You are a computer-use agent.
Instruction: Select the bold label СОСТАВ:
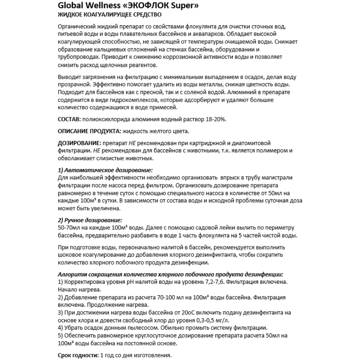(69, 119)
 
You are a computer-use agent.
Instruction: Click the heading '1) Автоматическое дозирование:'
(105, 170)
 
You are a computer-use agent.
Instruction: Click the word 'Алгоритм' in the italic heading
(71, 274)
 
